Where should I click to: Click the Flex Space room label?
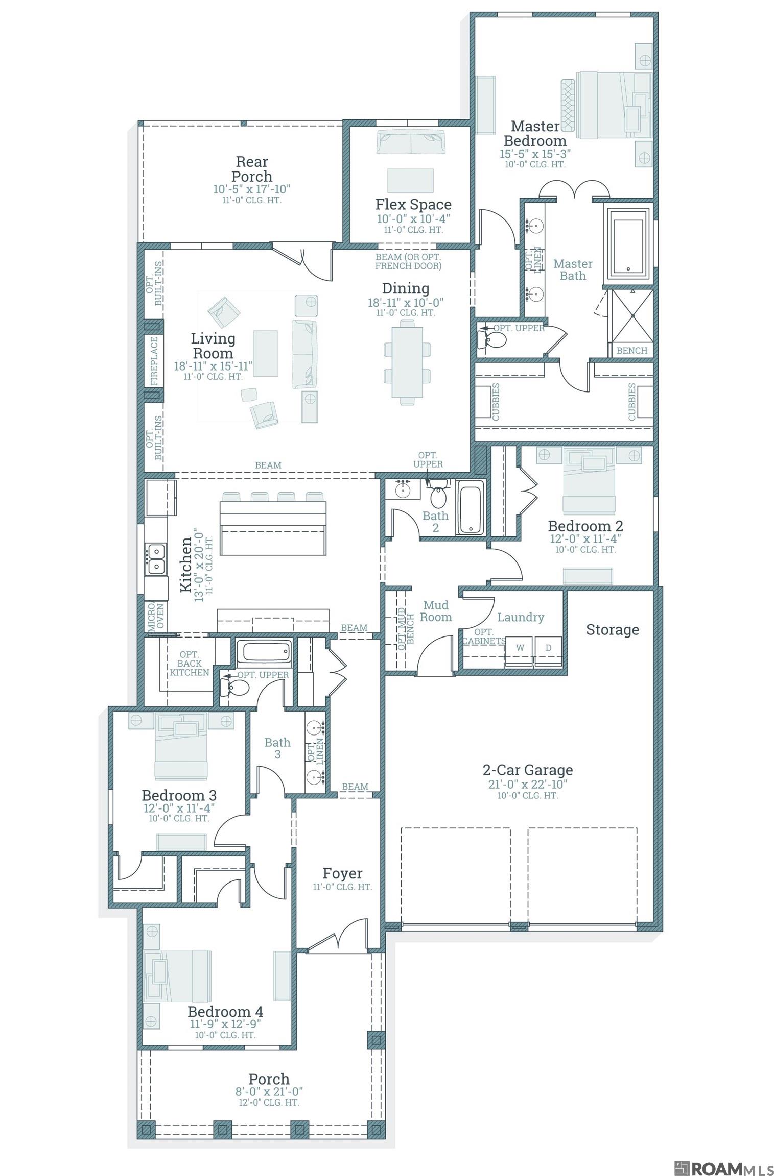[413, 205]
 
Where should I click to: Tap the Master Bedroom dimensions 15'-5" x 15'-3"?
[535, 154]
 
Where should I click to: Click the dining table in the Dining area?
[407, 361]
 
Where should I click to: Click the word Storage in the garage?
[612, 630]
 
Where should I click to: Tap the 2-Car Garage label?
[528, 770]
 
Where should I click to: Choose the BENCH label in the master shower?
[632, 351]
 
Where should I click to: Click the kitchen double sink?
[156, 559]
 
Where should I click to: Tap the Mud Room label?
[436, 611]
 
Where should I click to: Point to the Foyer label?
[342, 874]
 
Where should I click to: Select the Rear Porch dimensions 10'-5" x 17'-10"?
[252, 189]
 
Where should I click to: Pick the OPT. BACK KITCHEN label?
[190, 664]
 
